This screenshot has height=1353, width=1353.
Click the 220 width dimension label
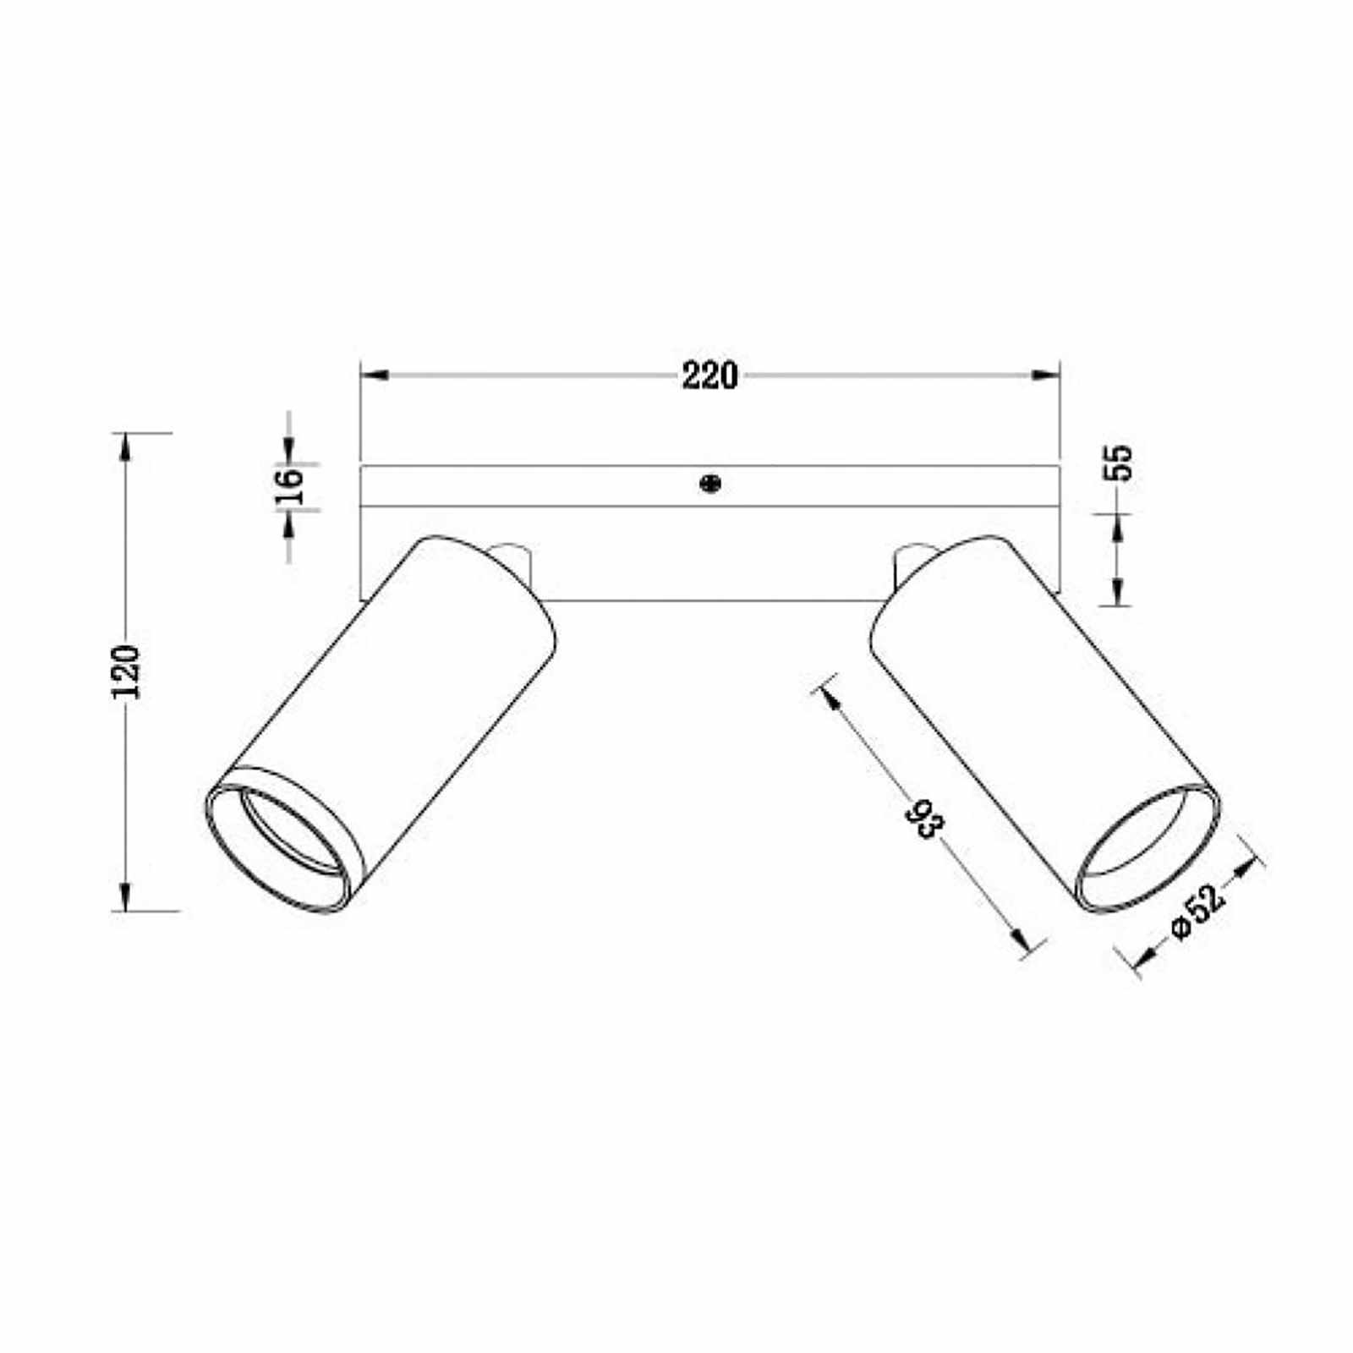(x=709, y=375)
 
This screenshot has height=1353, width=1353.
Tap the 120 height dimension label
(x=125, y=671)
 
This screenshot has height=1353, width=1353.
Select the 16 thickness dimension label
(x=290, y=485)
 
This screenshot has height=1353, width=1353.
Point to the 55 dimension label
(x=1118, y=463)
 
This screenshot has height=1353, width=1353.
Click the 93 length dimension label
(x=923, y=818)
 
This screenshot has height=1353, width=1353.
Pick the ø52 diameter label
(x=1198, y=912)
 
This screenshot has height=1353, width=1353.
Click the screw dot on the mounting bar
(x=710, y=484)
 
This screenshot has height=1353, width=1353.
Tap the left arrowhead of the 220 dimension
(x=375, y=375)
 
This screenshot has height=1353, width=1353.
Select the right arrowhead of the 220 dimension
(x=1045, y=375)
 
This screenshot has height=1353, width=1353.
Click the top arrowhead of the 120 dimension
(x=126, y=446)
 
